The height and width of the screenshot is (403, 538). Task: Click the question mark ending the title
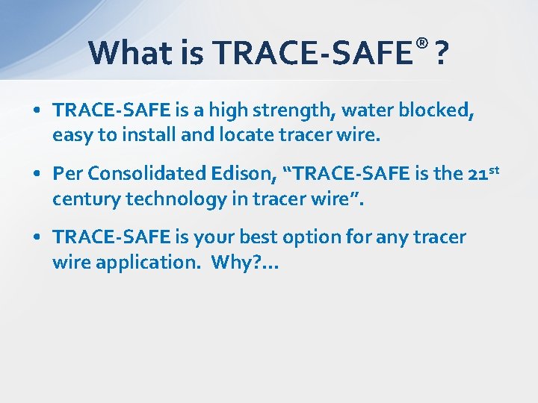[442, 53]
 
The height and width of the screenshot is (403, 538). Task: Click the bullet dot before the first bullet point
[37, 110]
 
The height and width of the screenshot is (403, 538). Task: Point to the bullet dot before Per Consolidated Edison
[37, 174]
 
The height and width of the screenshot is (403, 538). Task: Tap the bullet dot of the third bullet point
[37, 238]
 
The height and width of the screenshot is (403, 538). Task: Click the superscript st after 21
[494, 169]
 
